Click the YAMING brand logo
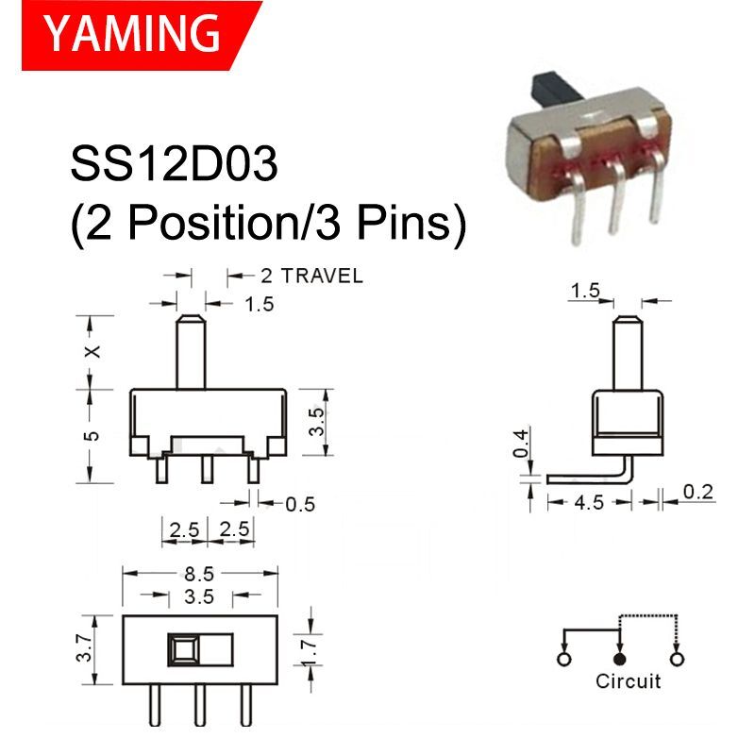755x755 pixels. (132, 35)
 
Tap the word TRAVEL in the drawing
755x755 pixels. (311, 276)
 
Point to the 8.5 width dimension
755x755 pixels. (199, 573)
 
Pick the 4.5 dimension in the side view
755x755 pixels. (589, 502)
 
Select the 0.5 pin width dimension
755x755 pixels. (299, 503)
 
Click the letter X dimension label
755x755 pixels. (92, 351)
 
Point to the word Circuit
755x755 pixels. (628, 680)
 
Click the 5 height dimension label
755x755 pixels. (92, 435)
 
